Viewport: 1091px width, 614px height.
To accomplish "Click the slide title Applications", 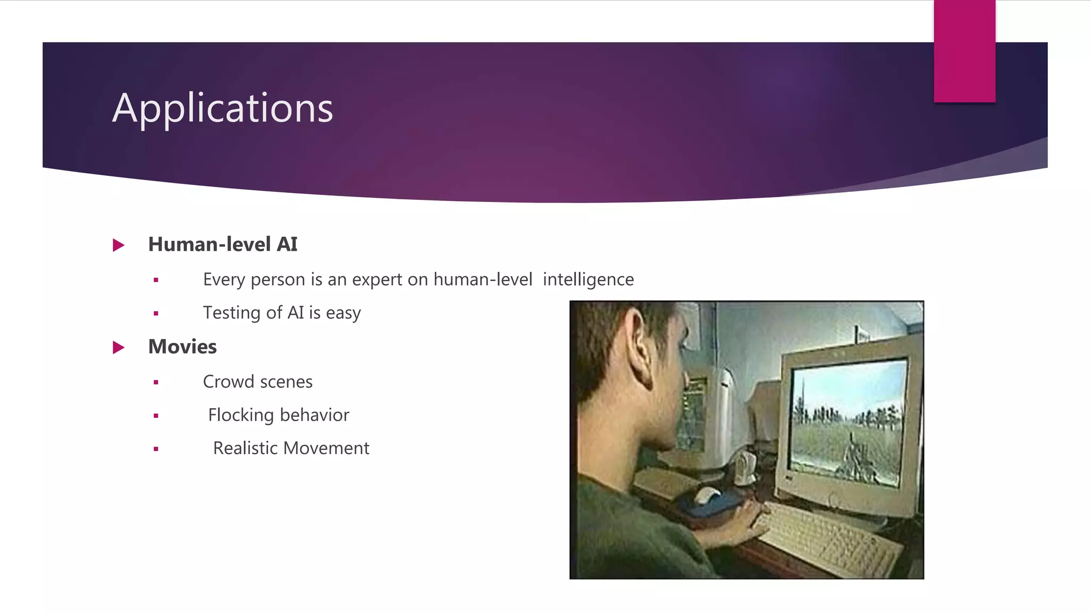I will click(223, 108).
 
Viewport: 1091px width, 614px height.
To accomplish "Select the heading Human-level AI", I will click(223, 244).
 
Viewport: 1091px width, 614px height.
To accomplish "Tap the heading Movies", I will click(182, 346).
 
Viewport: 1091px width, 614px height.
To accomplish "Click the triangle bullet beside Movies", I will click(118, 348).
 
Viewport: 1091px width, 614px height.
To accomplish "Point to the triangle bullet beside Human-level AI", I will click(118, 245).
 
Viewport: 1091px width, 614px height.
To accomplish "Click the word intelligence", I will click(588, 279).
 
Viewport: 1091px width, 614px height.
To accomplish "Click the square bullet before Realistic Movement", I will click(156, 449).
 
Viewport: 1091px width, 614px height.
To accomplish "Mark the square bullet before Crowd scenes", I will click(156, 382).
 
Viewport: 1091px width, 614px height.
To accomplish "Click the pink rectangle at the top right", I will click(964, 51).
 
